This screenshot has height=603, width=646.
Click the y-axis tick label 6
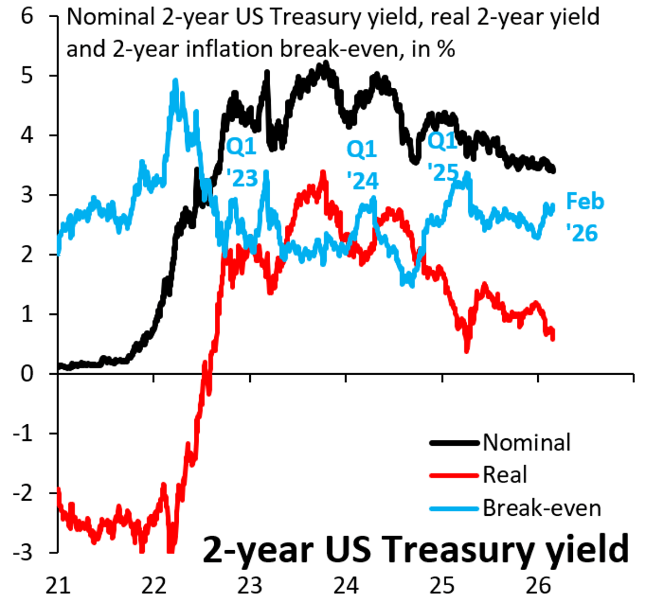(x=27, y=16)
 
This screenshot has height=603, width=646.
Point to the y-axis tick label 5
(x=27, y=76)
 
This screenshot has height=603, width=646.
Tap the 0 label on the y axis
(x=27, y=374)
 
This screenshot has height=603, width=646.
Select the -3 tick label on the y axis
(x=23, y=552)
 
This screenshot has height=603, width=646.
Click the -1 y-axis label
(x=23, y=433)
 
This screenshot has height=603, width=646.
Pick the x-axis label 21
(x=58, y=585)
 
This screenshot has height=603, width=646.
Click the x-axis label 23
(x=250, y=585)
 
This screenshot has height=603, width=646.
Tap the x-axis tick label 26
(x=538, y=585)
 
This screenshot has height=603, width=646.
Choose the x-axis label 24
(x=346, y=585)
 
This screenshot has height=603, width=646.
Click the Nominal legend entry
(x=526, y=443)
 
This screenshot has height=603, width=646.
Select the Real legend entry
(x=505, y=475)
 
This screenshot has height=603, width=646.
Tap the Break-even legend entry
(x=542, y=508)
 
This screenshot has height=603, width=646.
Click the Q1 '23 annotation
(x=242, y=163)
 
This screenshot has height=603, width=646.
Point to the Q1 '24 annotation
(x=362, y=165)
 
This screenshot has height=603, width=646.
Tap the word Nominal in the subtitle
(x=111, y=17)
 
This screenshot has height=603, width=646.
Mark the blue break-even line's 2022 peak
(x=175, y=80)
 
